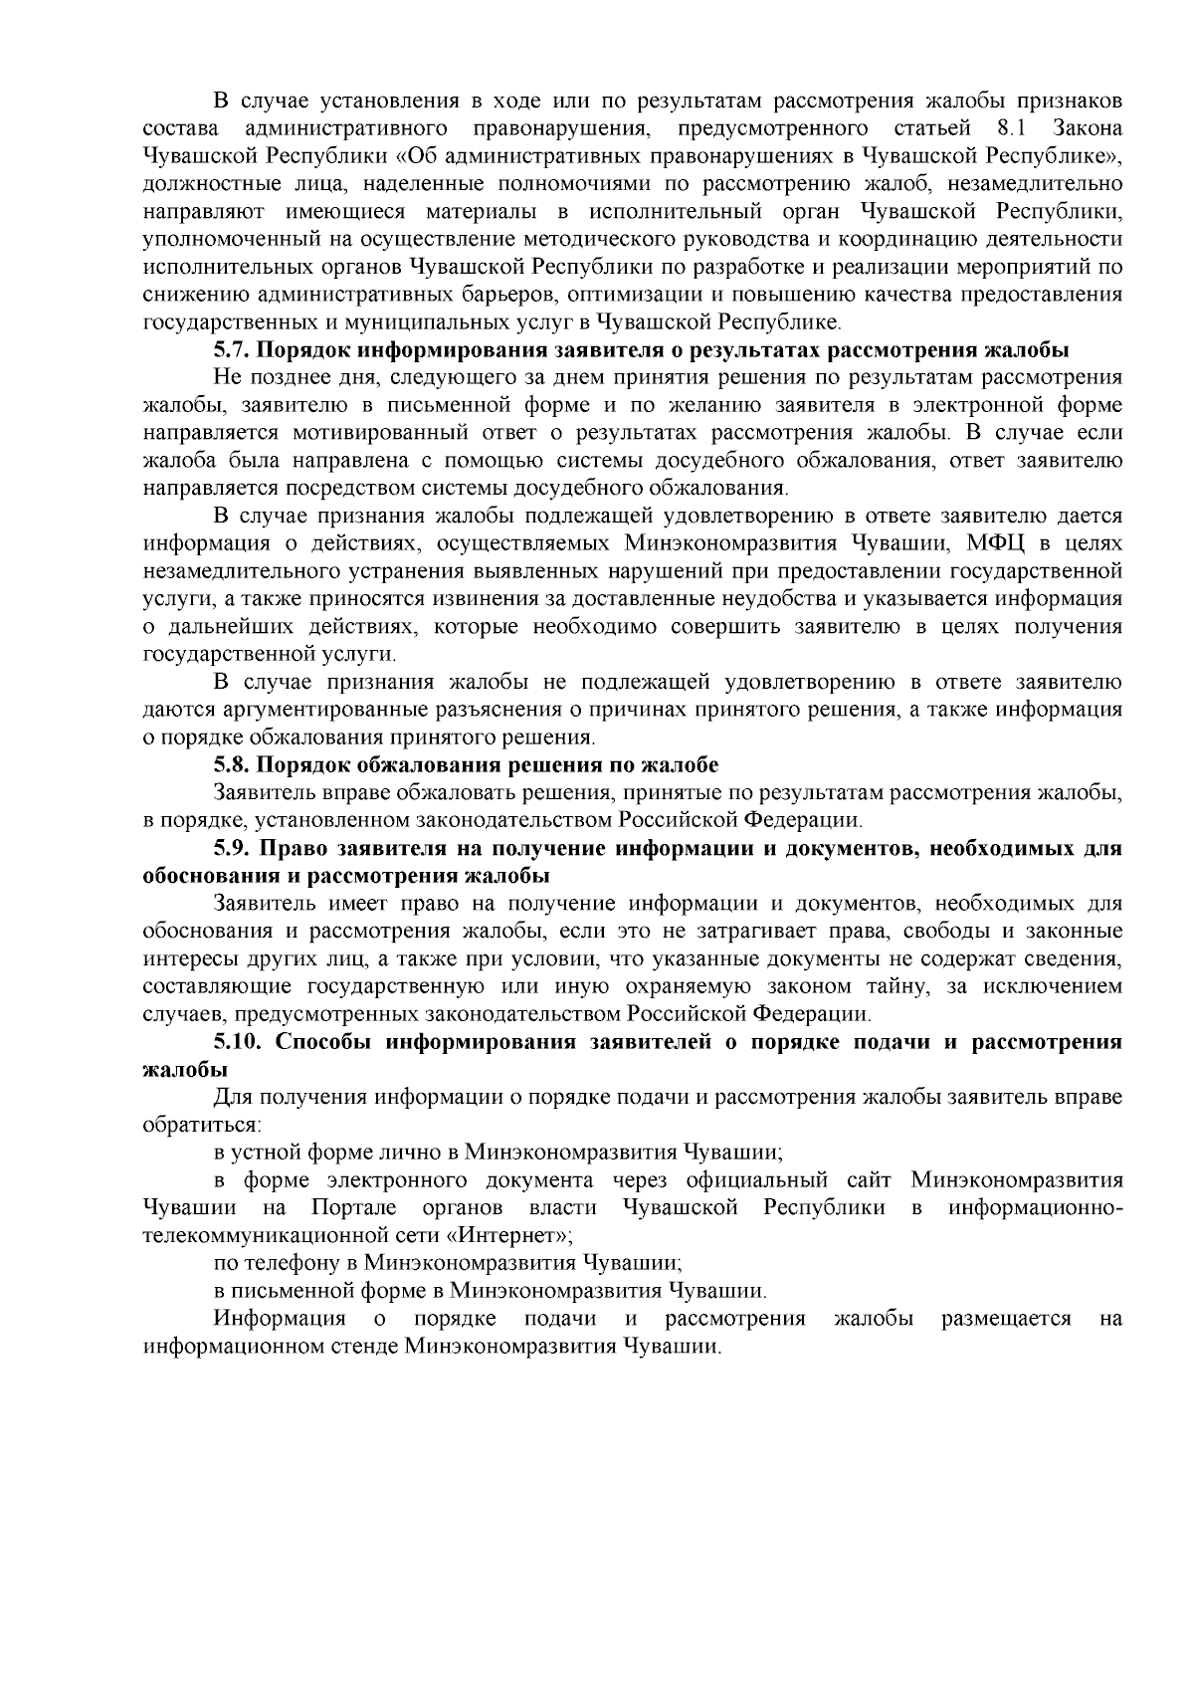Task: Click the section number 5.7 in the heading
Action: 229,350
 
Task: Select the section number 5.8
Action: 229,765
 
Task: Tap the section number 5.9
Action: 229,849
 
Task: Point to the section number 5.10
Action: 235,1042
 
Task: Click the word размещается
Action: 1006,1319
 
